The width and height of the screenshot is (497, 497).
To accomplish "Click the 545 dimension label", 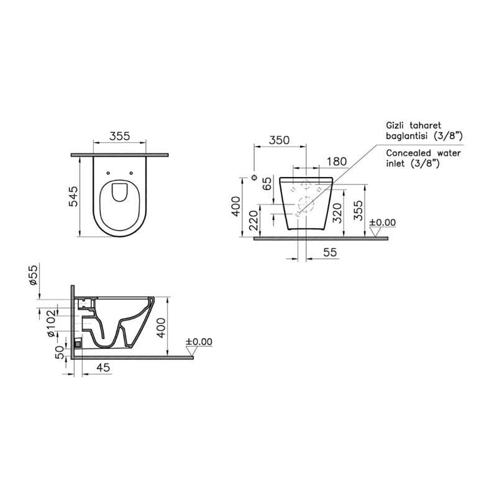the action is [73, 196].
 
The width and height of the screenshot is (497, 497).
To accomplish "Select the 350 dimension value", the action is [279, 140].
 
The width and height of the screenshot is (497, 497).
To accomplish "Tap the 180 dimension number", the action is [337, 162].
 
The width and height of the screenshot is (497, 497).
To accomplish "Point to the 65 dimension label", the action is [268, 183].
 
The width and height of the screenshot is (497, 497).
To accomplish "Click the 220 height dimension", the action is [253, 221].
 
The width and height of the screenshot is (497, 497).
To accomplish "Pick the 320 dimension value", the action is [338, 213].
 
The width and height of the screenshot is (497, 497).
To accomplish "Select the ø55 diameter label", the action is [34, 275].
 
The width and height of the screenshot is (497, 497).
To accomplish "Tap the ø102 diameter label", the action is [51, 323].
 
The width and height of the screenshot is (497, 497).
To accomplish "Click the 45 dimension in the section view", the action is [103, 367].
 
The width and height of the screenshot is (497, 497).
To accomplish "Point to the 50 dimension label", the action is [60, 352].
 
